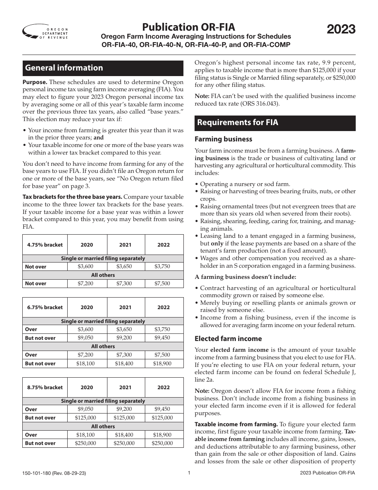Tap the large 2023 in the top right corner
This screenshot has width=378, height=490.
(341, 29)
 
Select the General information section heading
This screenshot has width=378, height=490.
(64, 68)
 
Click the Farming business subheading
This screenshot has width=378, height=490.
(223, 139)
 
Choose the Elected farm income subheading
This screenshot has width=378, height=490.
(228, 339)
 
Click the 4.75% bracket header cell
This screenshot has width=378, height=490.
(45, 245)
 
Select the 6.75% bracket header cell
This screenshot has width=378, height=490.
(45, 307)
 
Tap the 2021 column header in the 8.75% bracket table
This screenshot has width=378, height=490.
(125, 387)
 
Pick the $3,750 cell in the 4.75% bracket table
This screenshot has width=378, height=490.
(164, 267)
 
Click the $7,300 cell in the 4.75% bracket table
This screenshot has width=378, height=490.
(125, 283)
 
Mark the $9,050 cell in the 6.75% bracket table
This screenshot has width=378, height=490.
(86, 338)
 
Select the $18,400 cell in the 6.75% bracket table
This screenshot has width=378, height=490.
(125, 363)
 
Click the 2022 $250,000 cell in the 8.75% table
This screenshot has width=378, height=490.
(164, 443)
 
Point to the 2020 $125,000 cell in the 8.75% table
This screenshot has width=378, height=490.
(86, 417)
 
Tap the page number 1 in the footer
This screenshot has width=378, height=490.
(189, 473)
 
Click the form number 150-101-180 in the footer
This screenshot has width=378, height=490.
(39, 473)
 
